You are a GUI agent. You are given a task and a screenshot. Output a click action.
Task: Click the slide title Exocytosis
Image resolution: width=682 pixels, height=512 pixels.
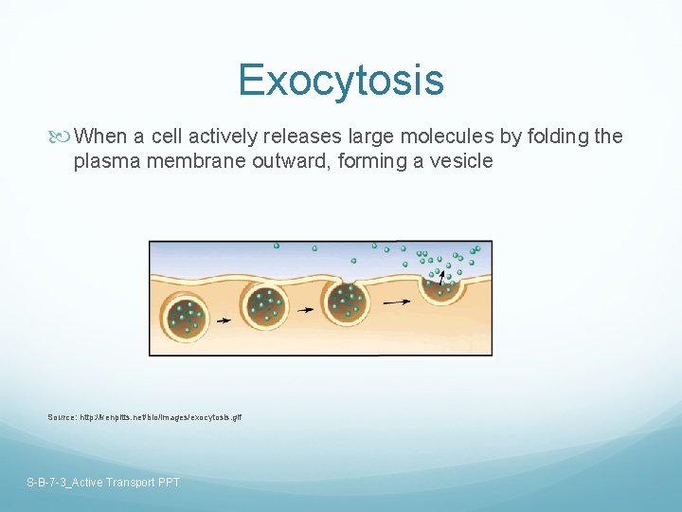coord(341,80)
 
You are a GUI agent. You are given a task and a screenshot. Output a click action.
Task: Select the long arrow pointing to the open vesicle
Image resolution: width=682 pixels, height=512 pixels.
coord(396,302)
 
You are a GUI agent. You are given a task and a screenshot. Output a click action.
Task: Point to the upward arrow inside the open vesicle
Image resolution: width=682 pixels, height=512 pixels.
coord(440,278)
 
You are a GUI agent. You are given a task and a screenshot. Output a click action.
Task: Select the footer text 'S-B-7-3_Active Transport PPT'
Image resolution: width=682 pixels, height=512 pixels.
coord(103,483)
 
